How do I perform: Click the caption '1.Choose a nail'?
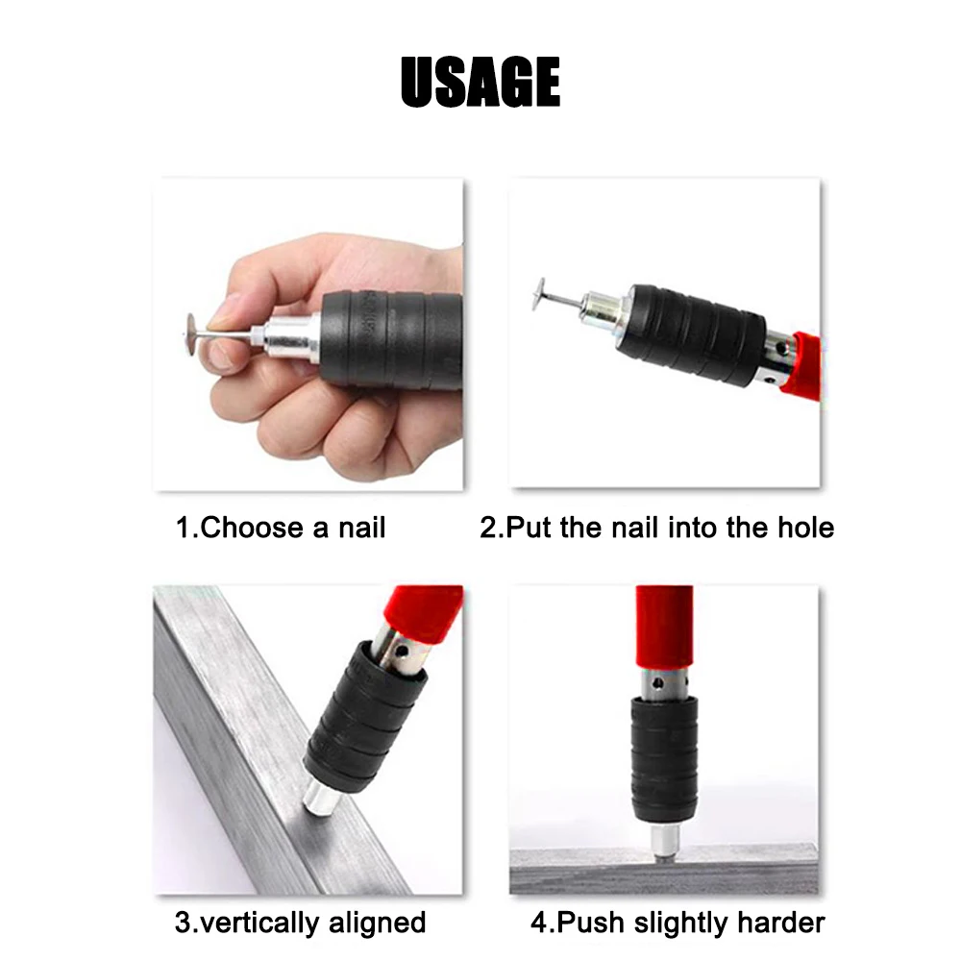pos(280,528)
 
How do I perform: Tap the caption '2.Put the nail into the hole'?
pos(656,528)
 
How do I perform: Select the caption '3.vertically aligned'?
pos(300,923)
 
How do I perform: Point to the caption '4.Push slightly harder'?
pos(678,923)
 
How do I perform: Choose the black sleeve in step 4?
pos(663,759)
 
